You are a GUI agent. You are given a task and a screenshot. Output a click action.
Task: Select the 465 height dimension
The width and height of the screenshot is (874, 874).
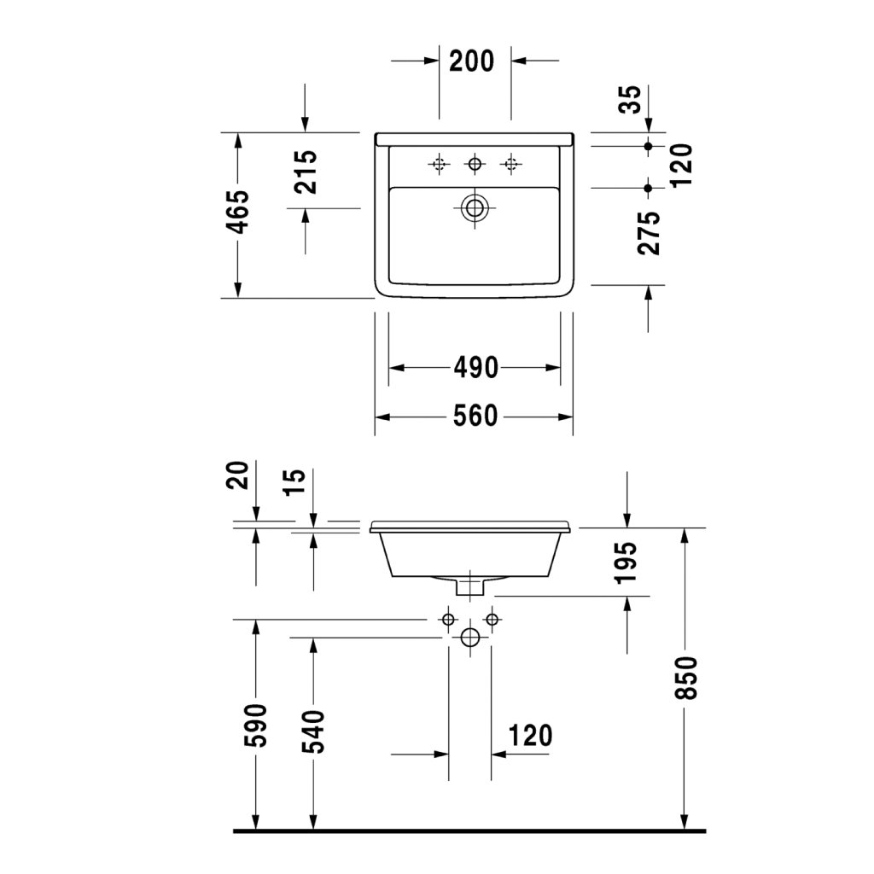tap(238, 213)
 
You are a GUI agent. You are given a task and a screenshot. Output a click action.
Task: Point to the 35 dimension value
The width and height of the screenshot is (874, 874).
tap(629, 99)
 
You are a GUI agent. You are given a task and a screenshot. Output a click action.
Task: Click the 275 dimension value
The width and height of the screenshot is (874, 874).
tap(649, 233)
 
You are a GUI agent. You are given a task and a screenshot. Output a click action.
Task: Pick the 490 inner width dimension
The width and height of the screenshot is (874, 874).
tap(475, 368)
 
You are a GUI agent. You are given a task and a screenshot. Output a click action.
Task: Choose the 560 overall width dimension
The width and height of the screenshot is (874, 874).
tap(475, 417)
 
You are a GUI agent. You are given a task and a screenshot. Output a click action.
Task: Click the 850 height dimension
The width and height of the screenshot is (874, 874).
tap(686, 678)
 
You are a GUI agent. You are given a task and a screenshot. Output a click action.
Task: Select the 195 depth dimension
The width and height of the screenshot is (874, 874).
tap(627, 562)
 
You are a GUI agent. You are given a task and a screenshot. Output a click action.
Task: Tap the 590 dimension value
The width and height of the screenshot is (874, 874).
tap(255, 725)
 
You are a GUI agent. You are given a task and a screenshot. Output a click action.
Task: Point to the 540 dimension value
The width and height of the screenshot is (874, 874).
tap(313, 732)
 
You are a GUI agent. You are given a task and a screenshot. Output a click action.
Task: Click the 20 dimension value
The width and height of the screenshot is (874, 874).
tap(239, 475)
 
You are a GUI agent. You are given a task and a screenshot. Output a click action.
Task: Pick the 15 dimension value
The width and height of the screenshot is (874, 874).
tap(294, 483)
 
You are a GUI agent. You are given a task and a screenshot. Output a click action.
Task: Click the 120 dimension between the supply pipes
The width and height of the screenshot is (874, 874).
tap(530, 735)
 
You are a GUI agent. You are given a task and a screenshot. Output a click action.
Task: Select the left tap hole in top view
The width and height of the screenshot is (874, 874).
tap(439, 163)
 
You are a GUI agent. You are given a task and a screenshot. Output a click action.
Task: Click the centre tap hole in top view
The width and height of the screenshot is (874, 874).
tap(475, 163)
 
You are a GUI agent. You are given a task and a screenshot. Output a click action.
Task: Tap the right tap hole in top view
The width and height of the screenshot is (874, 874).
tap(511, 163)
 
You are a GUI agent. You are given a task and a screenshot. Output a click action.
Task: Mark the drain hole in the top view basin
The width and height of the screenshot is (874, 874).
tap(475, 207)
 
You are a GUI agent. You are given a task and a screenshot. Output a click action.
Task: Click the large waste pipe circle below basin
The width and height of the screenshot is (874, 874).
tap(469, 638)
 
